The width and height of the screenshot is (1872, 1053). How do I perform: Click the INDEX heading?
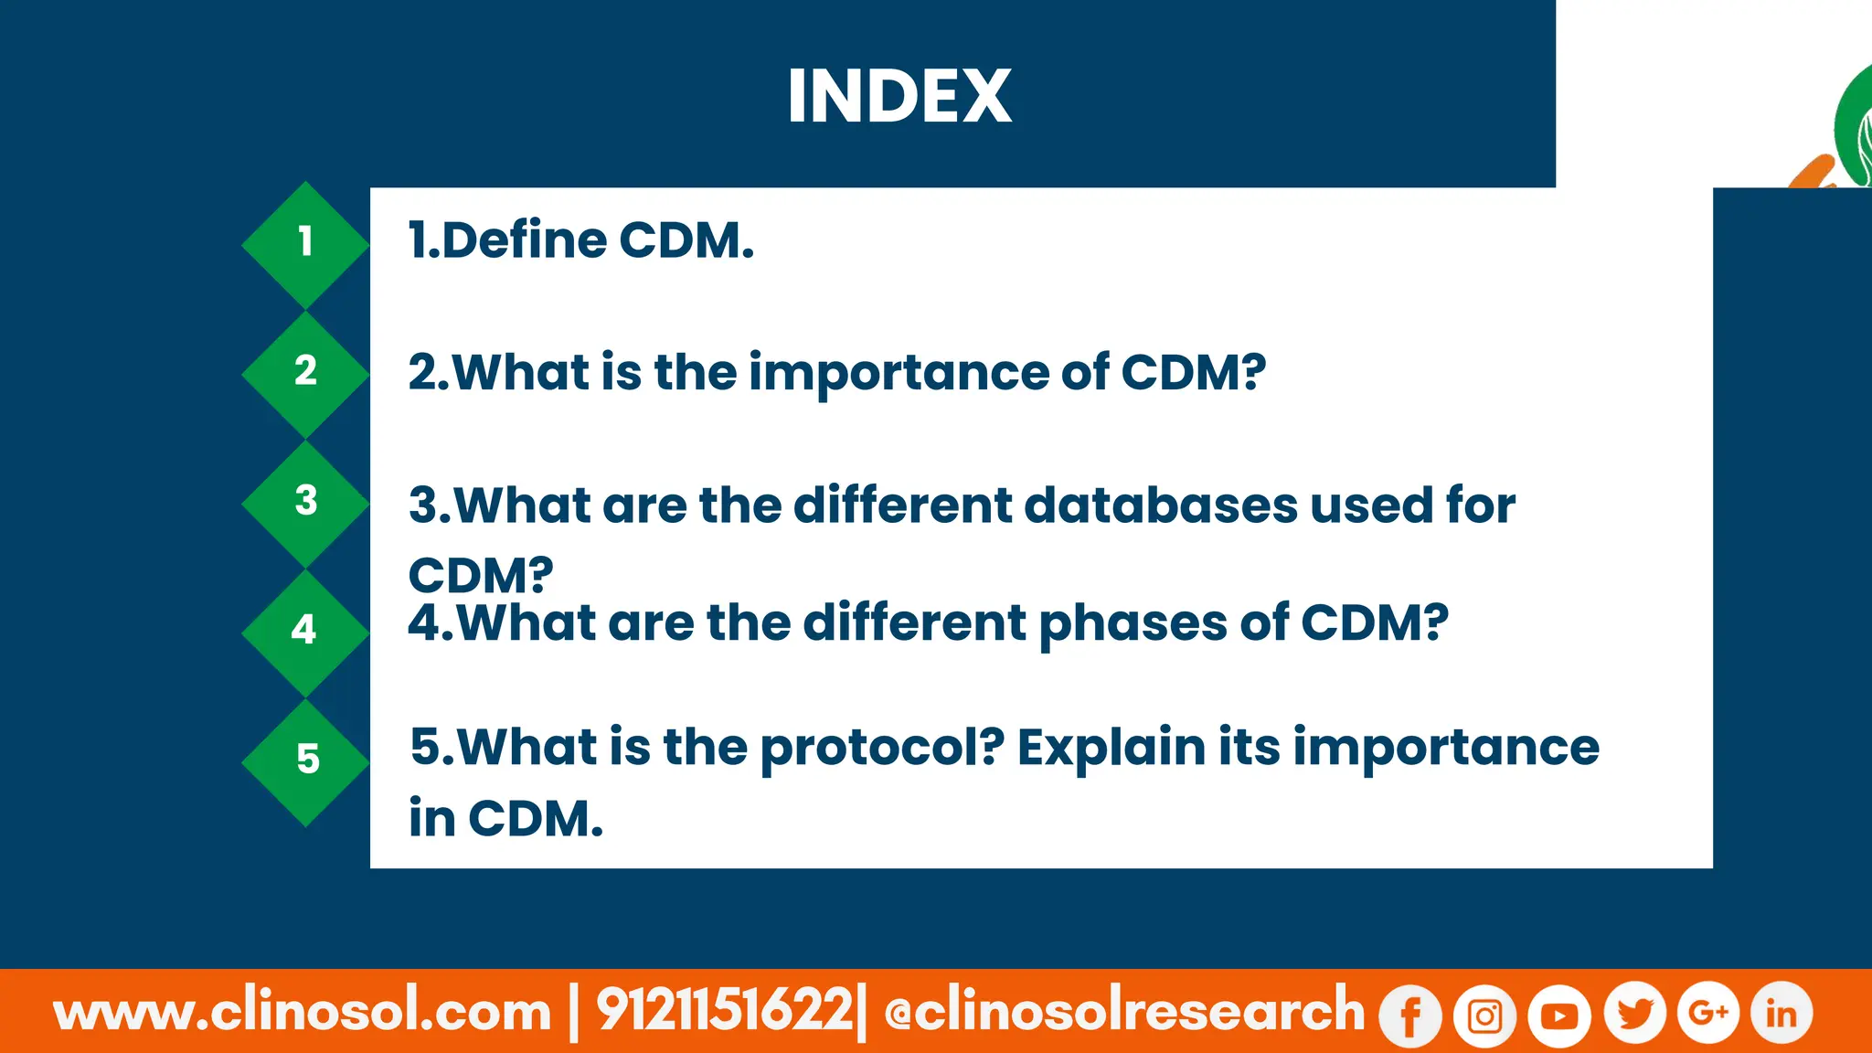[x=899, y=96]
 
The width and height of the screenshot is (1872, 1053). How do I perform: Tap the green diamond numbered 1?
[x=305, y=243]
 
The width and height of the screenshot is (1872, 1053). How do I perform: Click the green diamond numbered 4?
[x=305, y=632]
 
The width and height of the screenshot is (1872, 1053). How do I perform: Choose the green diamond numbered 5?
[x=305, y=761]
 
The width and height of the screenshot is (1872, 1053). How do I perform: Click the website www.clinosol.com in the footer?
[x=303, y=1012]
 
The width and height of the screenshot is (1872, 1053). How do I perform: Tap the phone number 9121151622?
[x=725, y=1012]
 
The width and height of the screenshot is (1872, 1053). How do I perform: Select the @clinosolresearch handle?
[x=1124, y=1012]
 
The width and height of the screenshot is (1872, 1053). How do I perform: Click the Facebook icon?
[x=1410, y=1016]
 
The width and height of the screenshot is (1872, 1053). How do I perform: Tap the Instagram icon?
[x=1485, y=1016]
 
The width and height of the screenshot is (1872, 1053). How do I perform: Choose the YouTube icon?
[x=1559, y=1016]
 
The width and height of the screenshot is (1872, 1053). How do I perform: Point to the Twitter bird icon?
[x=1634, y=1014]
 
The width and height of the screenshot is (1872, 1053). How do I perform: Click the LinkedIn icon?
[x=1781, y=1014]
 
